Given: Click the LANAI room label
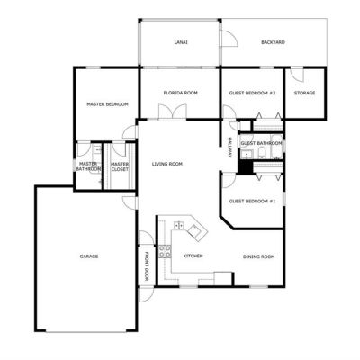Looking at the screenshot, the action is pos(181,42).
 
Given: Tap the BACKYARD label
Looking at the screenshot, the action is pos(273,42).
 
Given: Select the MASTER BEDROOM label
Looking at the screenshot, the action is pos(107,104).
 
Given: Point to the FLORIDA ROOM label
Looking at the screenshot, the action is pos(181,93).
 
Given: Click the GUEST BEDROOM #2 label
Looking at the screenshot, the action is pos(252,93).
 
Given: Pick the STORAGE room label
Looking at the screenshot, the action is pos(304,93).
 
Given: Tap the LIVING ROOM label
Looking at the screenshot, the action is pos(167,164).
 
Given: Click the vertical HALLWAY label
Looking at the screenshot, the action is pos(229,148).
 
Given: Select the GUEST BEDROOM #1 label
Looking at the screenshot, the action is pos(252,201).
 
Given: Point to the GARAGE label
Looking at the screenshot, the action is pos(89,256).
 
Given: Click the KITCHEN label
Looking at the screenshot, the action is pos(193,256).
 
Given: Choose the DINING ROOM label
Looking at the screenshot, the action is pos(258,256).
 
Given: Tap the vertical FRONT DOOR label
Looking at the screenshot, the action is pos(147,266).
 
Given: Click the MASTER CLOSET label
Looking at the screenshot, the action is pos(120,166).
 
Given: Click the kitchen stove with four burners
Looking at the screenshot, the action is pos(165,251).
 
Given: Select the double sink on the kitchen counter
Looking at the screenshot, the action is pos(179,225).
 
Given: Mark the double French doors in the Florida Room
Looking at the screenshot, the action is pos(173,112).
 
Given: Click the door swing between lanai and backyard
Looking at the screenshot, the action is pos(229,38).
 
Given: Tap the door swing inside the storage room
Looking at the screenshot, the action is pos(298,75).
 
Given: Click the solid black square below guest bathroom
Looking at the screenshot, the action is pos(246,166).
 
